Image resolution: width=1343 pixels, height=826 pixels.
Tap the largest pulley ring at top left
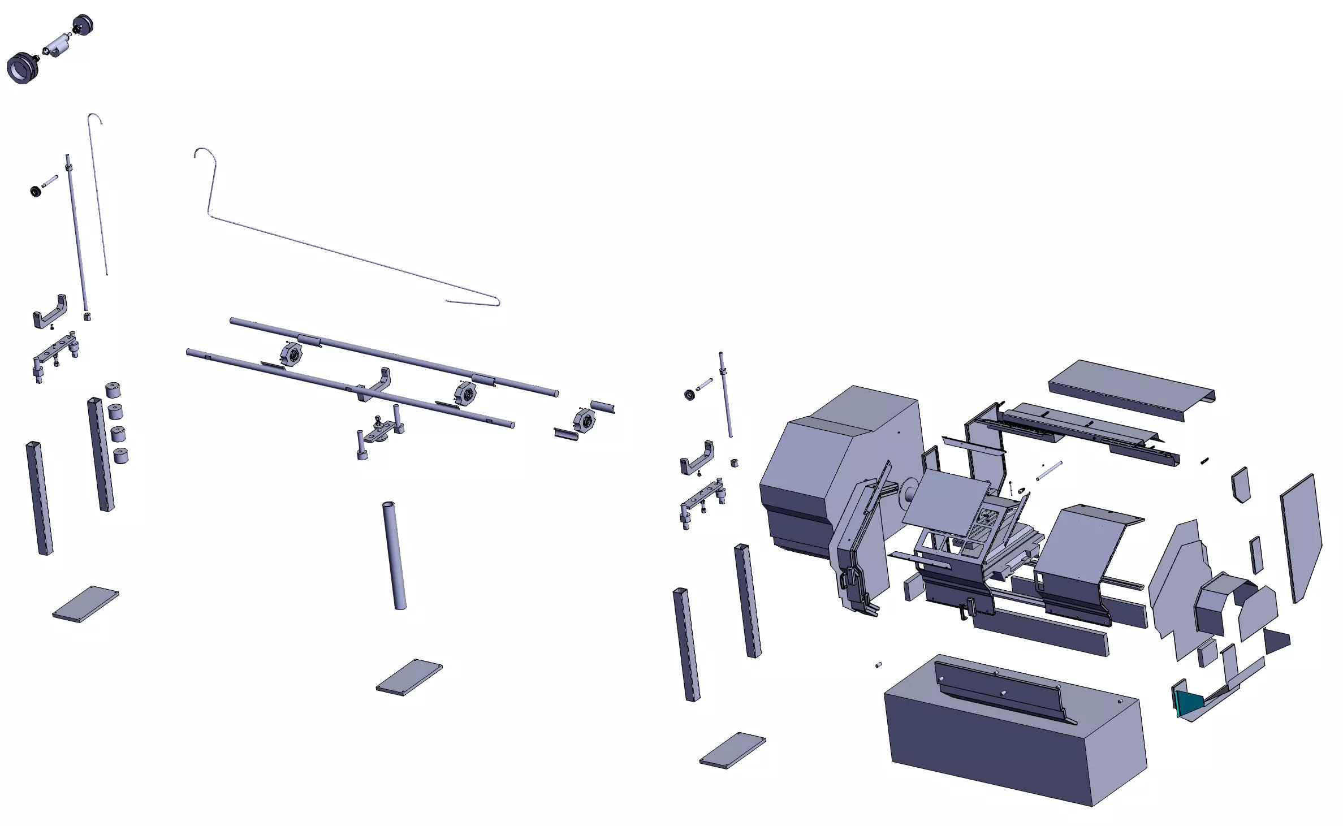coord(21,68)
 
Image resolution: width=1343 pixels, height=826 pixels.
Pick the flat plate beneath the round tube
coord(409,677)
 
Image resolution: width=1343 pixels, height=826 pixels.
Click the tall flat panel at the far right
coord(1301,537)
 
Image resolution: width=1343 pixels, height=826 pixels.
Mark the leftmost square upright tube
coord(39,498)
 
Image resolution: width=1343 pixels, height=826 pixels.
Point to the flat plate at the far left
coord(85,604)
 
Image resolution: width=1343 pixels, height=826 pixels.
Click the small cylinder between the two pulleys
coord(57,45)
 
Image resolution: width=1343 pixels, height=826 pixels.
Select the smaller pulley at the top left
coord(84,25)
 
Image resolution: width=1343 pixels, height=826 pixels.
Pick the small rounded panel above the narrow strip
coord(1240,484)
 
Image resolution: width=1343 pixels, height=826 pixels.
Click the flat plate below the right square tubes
coord(732,750)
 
